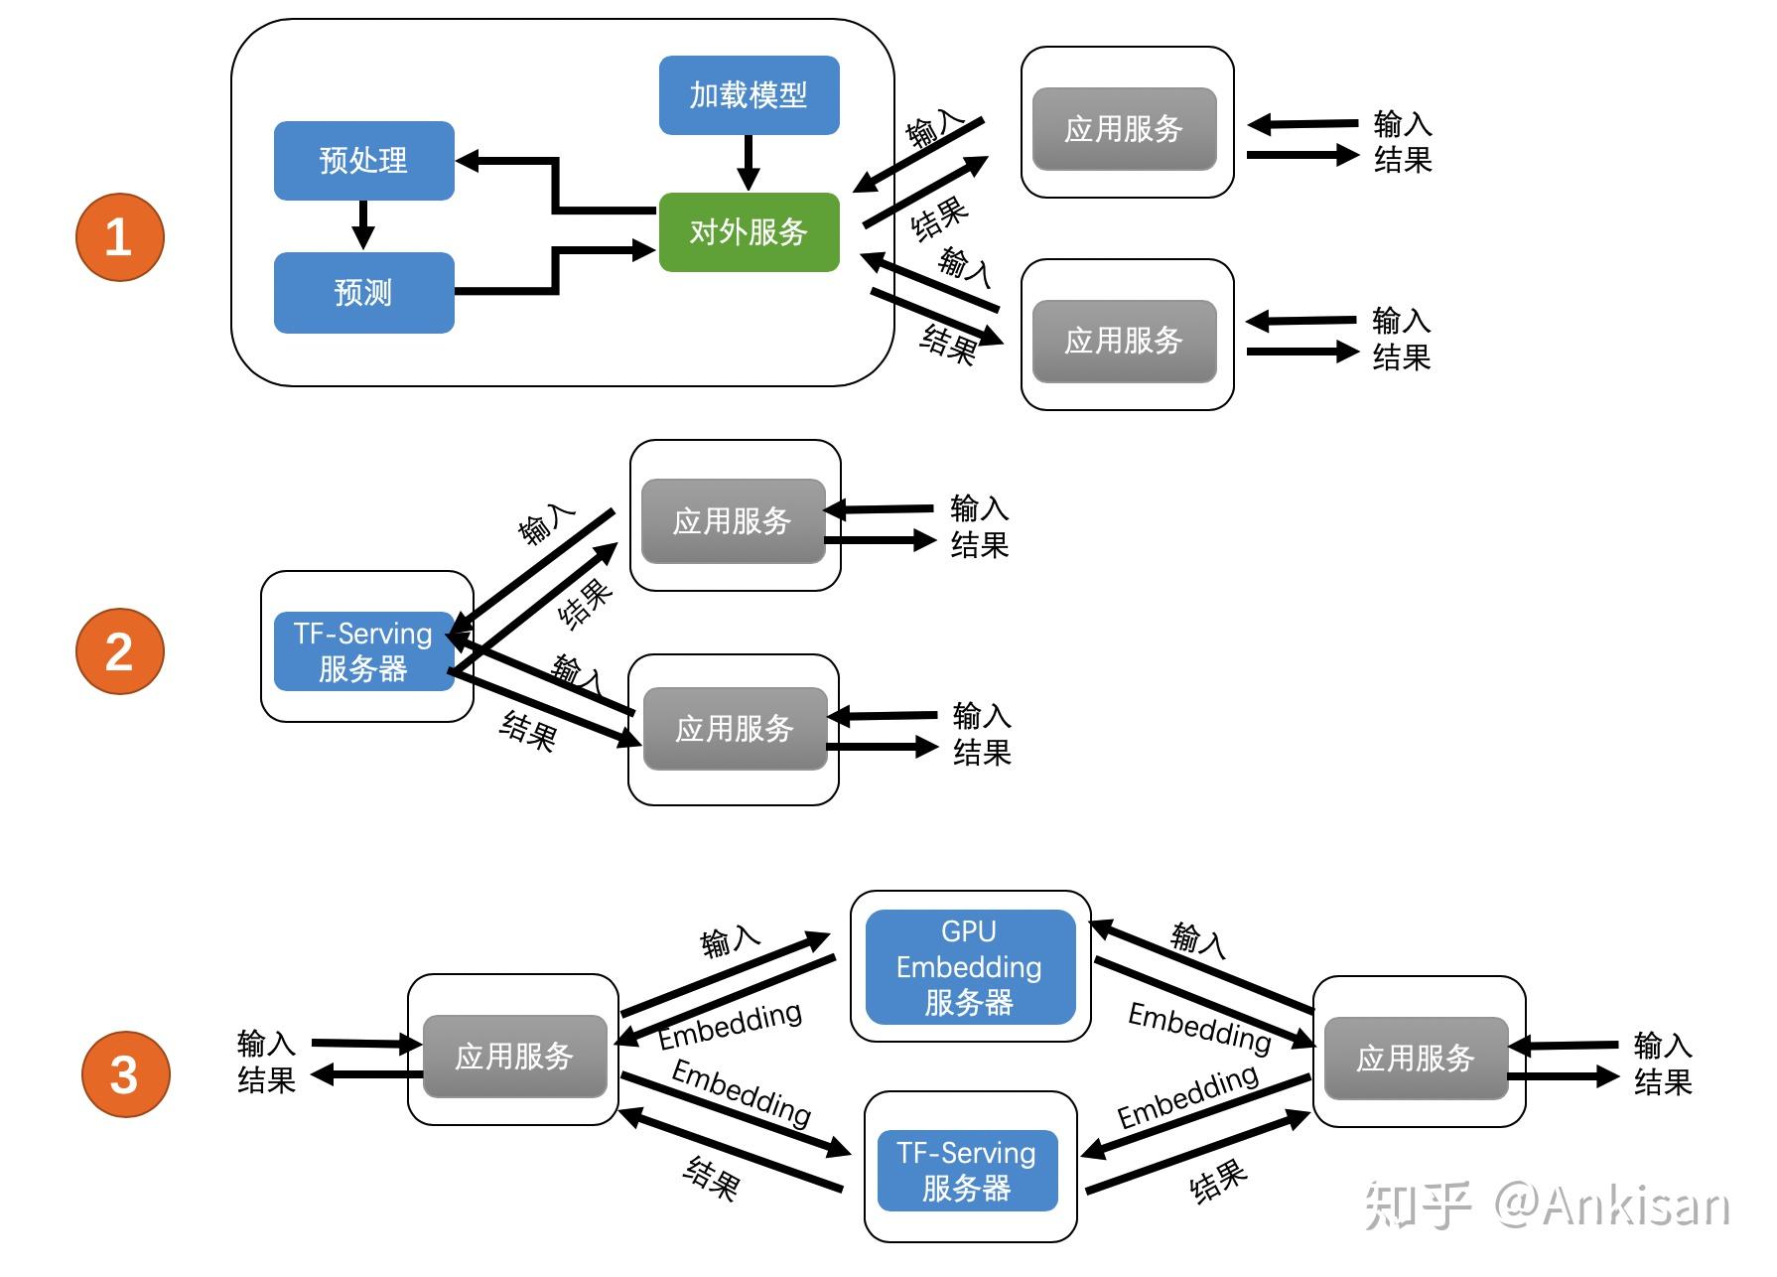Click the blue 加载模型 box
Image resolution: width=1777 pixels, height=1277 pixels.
pos(749,95)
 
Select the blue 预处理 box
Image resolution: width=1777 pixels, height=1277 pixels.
pos(363,161)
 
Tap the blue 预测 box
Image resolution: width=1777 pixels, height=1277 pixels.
pos(363,293)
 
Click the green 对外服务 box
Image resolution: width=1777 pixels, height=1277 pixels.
pos(749,232)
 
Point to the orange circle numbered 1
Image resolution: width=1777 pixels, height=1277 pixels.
pos(119,237)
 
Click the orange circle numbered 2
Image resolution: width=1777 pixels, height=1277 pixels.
pos(119,651)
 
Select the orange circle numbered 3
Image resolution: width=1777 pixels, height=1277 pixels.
pos(124,1074)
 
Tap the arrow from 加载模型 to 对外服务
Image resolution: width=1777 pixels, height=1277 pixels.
pos(749,162)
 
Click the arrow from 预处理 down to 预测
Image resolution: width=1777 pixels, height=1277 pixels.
pos(363,224)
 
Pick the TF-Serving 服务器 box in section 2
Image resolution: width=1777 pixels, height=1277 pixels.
pos(363,651)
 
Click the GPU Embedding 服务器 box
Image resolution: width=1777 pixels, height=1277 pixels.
pos(970,967)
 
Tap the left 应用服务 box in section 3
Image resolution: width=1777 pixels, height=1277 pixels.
pos(514,1056)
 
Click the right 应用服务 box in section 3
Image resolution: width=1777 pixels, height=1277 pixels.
pos(1416,1058)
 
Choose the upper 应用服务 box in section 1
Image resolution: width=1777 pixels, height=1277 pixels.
pos(1124,129)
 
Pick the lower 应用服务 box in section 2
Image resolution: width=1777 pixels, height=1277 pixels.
pos(735,729)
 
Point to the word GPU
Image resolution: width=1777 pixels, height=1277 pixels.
pos(968,931)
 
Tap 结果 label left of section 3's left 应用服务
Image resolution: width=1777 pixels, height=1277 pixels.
pos(266,1079)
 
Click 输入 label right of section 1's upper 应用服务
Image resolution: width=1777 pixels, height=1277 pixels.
pos(1402,124)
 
